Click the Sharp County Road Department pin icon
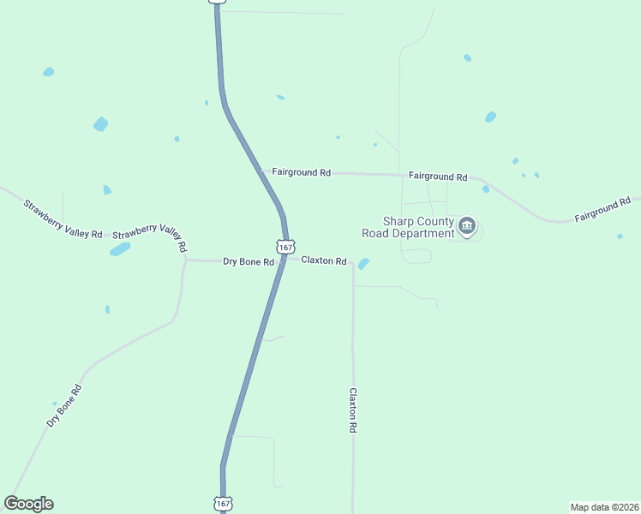coord(467,226)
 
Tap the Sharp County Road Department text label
coord(407,227)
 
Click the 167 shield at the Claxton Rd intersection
coord(285,245)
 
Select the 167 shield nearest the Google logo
coord(222,504)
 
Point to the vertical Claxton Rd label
coord(352,410)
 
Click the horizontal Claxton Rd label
coord(323,260)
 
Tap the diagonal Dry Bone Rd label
coord(64,406)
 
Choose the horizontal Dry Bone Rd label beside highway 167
coord(248,261)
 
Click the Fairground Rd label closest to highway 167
coord(301,172)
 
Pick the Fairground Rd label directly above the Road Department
coord(437,176)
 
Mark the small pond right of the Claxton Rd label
coord(363,264)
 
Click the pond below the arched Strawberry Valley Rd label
coord(120,249)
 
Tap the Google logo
coord(28,504)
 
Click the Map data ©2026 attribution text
coord(604,506)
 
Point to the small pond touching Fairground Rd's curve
coord(486,189)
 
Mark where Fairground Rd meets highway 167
coord(261,171)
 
